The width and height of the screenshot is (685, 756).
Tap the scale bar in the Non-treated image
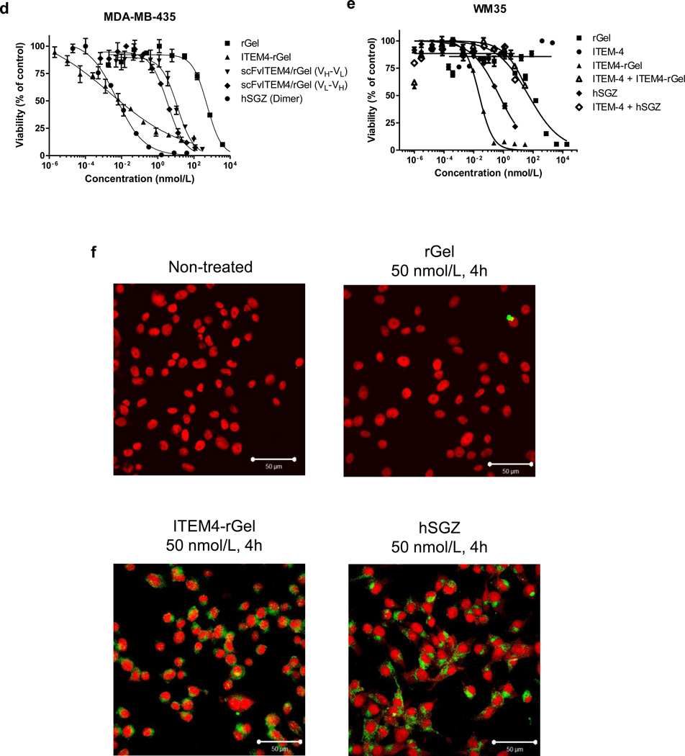click(x=273, y=459)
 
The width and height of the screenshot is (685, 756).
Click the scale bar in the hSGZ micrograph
click(x=514, y=741)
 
